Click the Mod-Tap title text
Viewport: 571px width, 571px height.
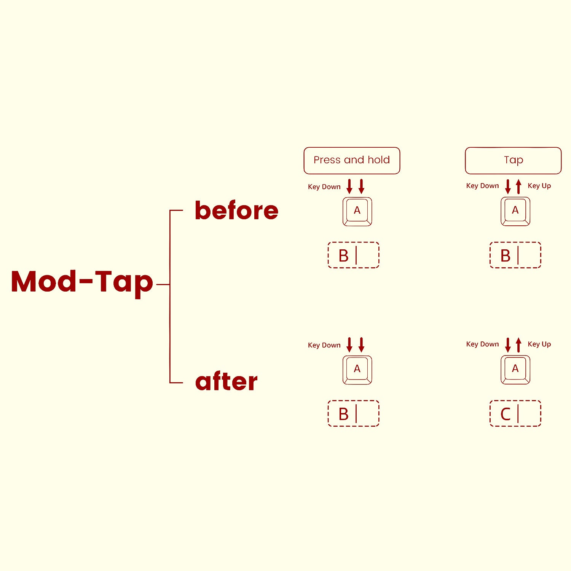click(x=82, y=282)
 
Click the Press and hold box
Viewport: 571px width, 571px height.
click(x=352, y=161)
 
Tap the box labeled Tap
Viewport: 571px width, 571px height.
click(x=513, y=161)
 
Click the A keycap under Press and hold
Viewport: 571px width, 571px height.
click(x=357, y=212)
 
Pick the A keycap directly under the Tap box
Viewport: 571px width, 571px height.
click(x=515, y=212)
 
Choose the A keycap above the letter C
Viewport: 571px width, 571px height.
click(x=515, y=370)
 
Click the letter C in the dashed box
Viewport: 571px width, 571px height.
click(x=506, y=414)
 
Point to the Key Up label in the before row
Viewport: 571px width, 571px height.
click(x=539, y=186)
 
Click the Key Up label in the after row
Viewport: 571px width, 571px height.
click(x=539, y=344)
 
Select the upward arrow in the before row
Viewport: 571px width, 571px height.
click(x=518, y=187)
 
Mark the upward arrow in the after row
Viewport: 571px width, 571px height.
click(x=518, y=345)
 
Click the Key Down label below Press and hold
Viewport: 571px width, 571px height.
click(x=324, y=187)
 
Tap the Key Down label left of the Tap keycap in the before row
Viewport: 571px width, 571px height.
click(x=482, y=186)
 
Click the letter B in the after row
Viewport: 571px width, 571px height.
click(x=343, y=414)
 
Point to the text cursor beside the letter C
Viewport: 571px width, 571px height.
click(x=518, y=414)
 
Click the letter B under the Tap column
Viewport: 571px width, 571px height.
click(x=506, y=256)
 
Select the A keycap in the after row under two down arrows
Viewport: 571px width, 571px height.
click(x=357, y=370)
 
